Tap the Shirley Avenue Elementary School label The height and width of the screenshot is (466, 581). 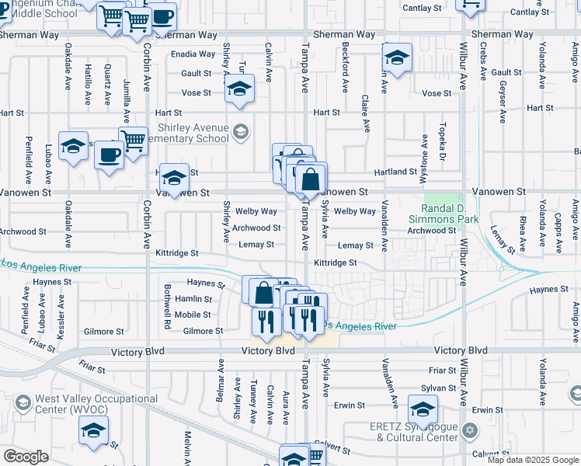(193, 133)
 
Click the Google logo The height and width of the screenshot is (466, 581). (26, 457)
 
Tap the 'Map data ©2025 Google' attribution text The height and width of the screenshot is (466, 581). (533, 460)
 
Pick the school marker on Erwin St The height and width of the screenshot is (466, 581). (423, 409)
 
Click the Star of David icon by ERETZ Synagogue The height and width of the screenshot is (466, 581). (468, 430)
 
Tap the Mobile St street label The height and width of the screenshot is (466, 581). (193, 315)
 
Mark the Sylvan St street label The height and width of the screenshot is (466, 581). (440, 388)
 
